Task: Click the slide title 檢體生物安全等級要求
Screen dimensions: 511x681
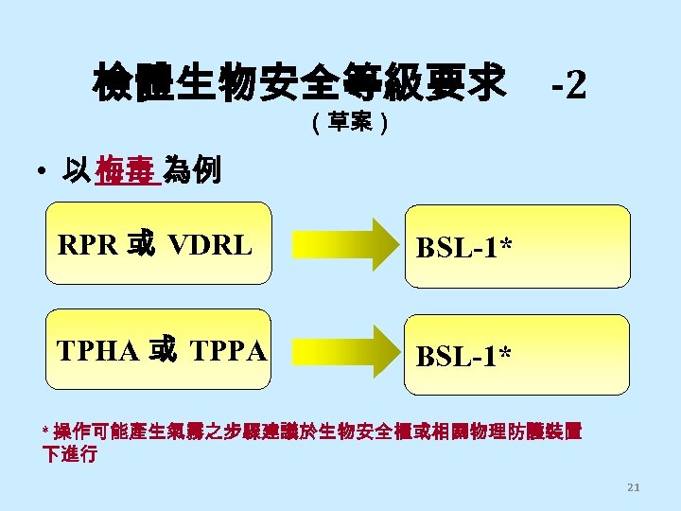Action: pyautogui.click(x=299, y=84)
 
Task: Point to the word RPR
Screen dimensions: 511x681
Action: pyautogui.click(x=88, y=246)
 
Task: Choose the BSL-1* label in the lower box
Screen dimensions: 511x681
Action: pyautogui.click(x=465, y=356)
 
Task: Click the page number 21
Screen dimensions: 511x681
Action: pyautogui.click(x=634, y=487)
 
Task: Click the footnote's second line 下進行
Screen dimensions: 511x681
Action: pyautogui.click(x=70, y=454)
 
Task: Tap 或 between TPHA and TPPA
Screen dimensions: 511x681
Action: pyautogui.click(x=162, y=351)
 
